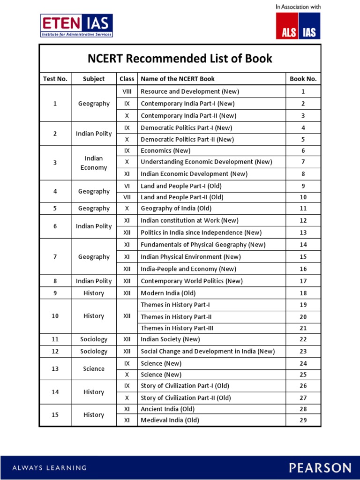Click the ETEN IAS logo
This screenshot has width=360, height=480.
pos(76,26)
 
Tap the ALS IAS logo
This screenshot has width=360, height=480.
pos(298,26)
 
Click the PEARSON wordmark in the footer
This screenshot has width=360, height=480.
pos(320,467)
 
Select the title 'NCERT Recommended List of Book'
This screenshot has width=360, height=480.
pos(180,59)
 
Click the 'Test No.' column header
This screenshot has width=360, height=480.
pos(55,79)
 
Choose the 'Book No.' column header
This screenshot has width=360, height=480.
pos(303,79)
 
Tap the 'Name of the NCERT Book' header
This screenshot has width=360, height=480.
pos(178,79)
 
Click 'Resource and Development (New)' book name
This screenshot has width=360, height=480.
pos(180,91)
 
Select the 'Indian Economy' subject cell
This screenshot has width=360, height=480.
pos(94,163)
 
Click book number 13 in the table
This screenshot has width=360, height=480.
pos(303,232)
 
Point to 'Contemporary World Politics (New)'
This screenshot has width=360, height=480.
pos(192,281)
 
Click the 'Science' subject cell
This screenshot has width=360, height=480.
pos(94,369)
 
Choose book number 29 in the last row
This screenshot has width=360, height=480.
pos(303,420)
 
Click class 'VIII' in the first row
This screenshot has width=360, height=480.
pos(127,91)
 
